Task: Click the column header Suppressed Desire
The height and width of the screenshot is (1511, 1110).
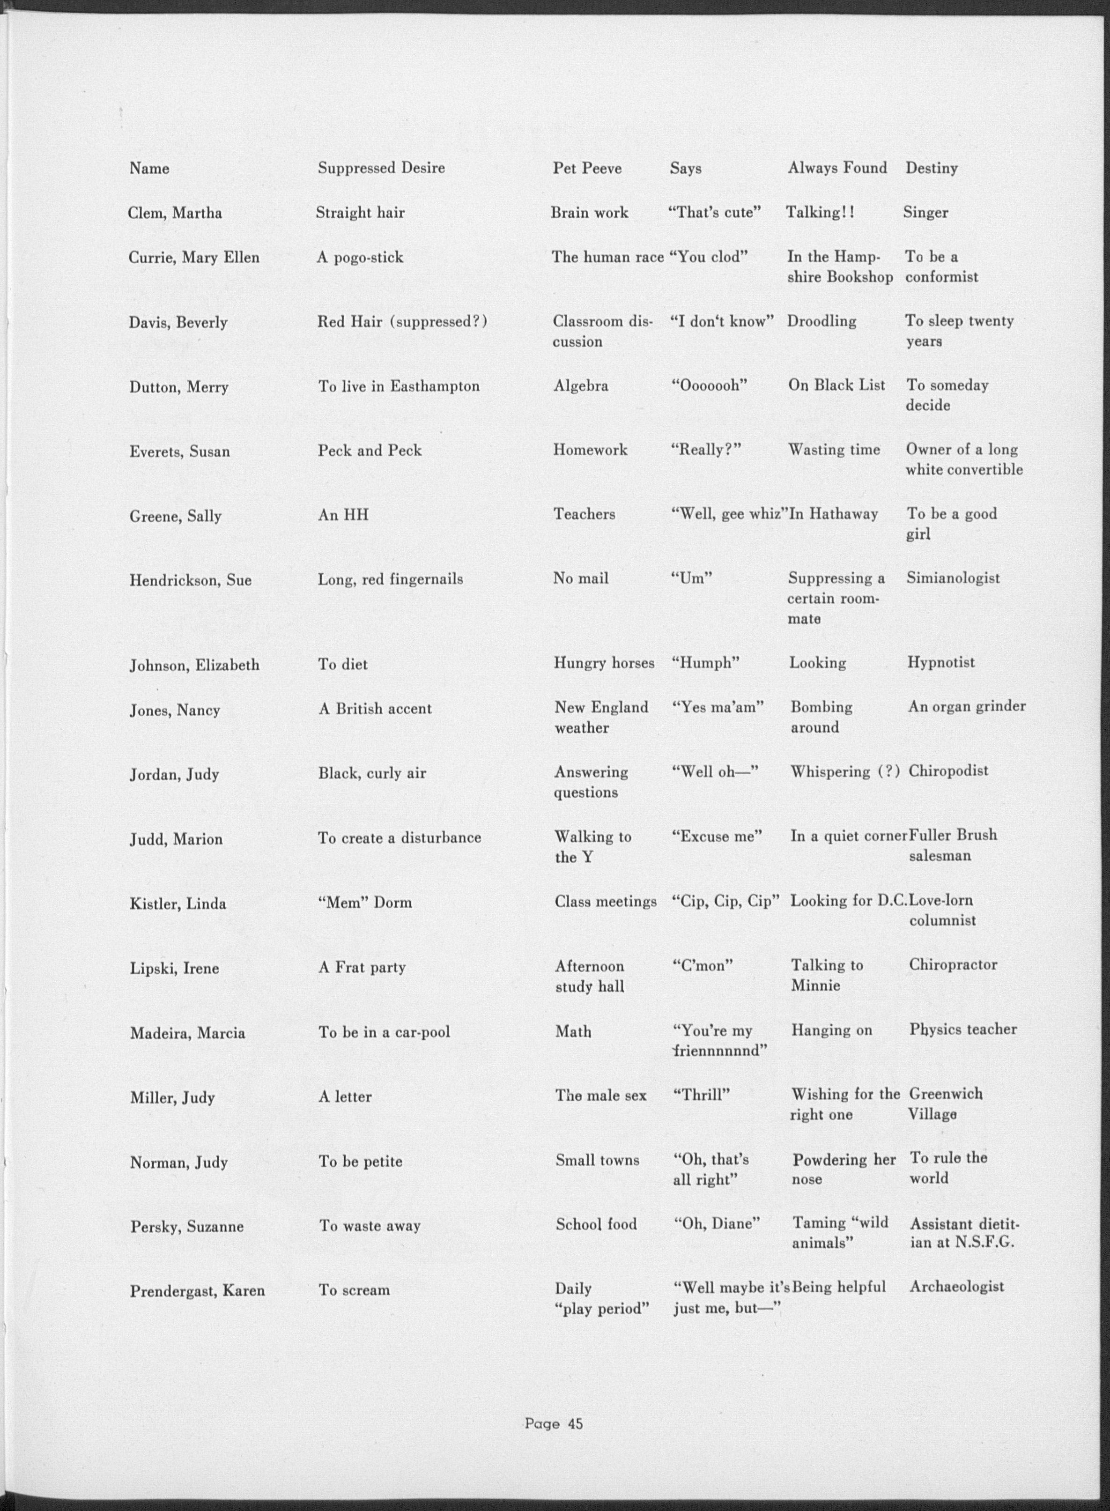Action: tap(381, 168)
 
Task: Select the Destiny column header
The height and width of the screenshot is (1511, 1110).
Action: tap(931, 168)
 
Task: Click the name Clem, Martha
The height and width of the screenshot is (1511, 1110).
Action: tap(175, 214)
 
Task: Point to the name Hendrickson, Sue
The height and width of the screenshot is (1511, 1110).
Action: tap(190, 580)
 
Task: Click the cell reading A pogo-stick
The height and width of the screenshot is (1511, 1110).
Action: tap(360, 257)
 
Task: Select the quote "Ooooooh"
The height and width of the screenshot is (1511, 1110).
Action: tap(710, 385)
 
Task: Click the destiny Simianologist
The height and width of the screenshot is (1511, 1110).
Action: tap(953, 578)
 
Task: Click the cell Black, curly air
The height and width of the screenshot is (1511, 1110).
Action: tap(372, 773)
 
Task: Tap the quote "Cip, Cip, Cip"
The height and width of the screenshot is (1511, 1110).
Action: tap(725, 901)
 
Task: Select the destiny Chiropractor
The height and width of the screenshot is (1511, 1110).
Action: tap(953, 965)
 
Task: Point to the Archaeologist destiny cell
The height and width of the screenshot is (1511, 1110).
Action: tap(957, 1287)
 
